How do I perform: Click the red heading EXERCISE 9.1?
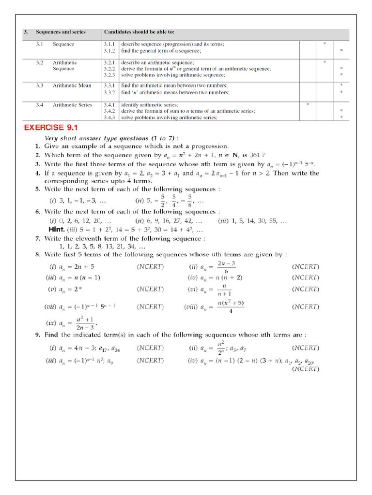(x=51, y=128)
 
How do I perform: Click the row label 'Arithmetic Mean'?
(x=72, y=86)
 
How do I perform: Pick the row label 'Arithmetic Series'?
(x=72, y=105)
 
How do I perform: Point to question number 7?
(x=37, y=239)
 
